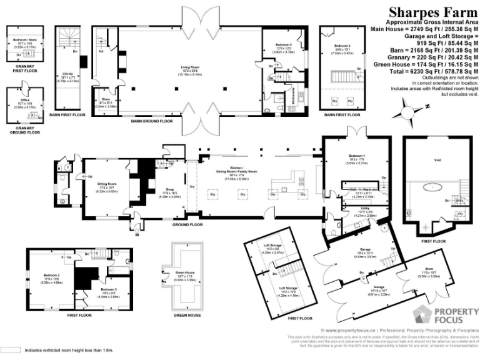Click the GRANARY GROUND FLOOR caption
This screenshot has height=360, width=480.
(24, 130)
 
